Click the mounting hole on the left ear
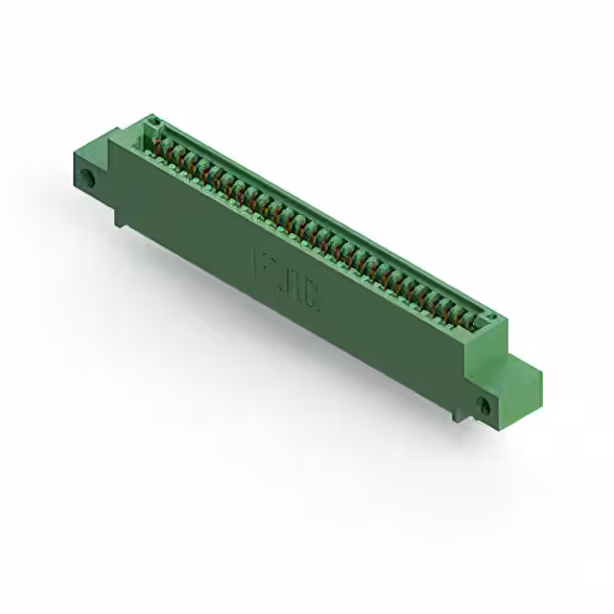coord(88,178)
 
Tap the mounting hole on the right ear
coord(484,406)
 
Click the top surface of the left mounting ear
coord(91,152)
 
